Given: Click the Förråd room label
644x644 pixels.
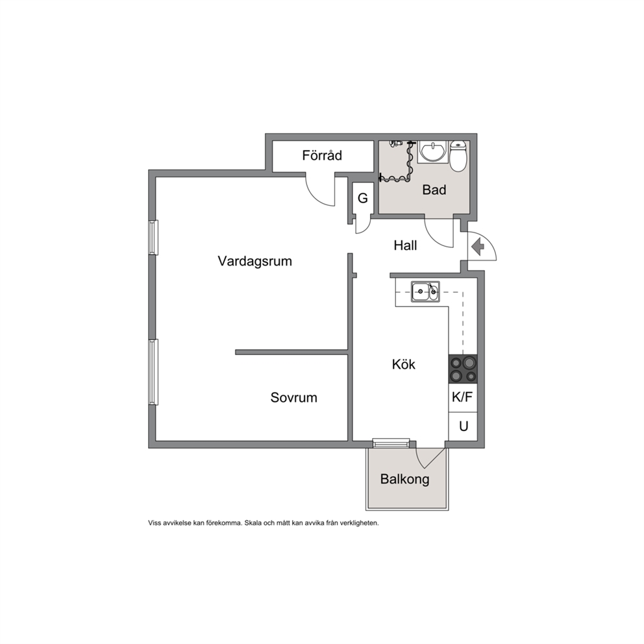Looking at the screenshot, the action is pyautogui.click(x=322, y=155).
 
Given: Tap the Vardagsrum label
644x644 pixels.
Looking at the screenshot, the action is pyautogui.click(x=254, y=261).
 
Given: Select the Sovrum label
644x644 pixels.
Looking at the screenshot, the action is pyautogui.click(x=293, y=397).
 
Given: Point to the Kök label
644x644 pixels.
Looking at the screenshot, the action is pyautogui.click(x=403, y=364).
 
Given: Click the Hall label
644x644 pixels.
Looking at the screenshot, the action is pyautogui.click(x=405, y=245).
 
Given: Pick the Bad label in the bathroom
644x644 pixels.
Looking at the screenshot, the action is pyautogui.click(x=434, y=190).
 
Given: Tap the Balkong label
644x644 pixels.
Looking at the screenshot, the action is pyautogui.click(x=404, y=479).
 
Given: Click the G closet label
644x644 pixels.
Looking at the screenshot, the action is pyautogui.click(x=363, y=199).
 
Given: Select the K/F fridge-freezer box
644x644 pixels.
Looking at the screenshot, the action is pyautogui.click(x=463, y=397).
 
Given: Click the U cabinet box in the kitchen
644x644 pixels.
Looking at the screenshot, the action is pyautogui.click(x=463, y=427).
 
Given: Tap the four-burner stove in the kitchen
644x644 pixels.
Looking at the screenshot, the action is pyautogui.click(x=463, y=369).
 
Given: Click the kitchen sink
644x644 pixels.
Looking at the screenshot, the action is pyautogui.click(x=425, y=291).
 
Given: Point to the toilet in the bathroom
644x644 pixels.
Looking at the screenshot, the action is pyautogui.click(x=458, y=156).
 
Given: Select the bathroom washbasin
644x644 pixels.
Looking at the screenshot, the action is pyautogui.click(x=433, y=152).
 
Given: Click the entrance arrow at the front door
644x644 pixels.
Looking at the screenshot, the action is pyautogui.click(x=478, y=247).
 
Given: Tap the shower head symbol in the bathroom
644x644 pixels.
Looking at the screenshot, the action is pyautogui.click(x=395, y=143).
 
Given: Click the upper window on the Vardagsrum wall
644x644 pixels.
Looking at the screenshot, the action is pyautogui.click(x=153, y=238).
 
